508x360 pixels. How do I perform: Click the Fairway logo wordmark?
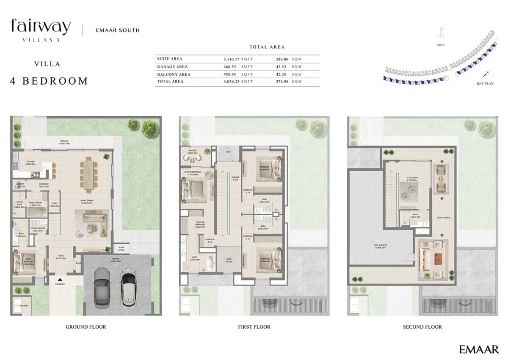41,27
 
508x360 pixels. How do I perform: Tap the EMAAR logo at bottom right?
479,349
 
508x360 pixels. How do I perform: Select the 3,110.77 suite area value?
232,59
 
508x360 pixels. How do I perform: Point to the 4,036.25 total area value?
232,81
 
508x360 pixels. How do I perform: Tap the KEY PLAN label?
485,84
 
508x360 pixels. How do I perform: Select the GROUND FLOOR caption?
86,327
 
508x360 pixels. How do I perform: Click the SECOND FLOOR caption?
422,327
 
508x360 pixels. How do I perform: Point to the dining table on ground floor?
88,174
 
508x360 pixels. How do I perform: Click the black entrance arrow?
60,279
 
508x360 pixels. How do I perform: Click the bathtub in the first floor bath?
209,265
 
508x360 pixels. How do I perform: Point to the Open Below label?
229,259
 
